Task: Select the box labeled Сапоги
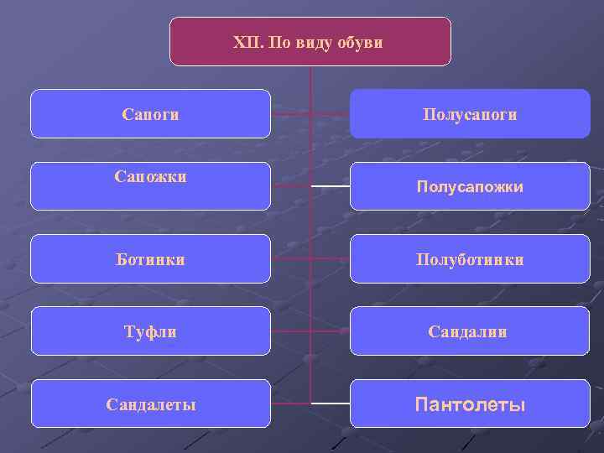[150, 113]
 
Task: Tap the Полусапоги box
[470, 113]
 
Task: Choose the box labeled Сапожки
[150, 186]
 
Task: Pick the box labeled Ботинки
[150, 259]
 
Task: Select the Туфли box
[150, 331]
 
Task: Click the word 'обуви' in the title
[363, 42]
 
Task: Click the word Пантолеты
[470, 406]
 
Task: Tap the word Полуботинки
[470, 260]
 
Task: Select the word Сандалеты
[151, 405]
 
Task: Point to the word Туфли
[151, 332]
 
